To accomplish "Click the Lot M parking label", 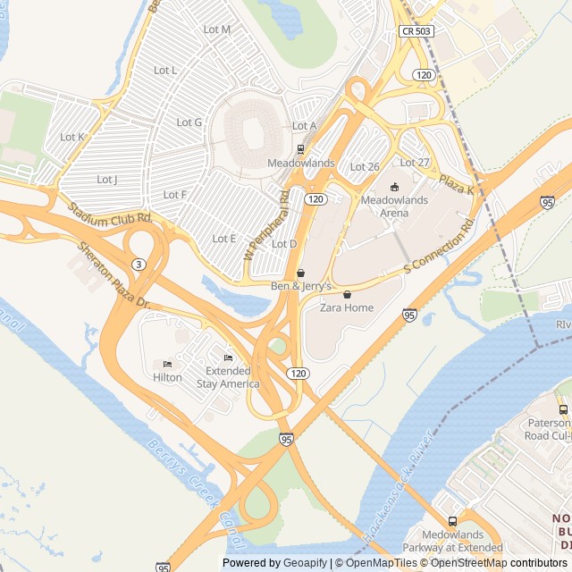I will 217,29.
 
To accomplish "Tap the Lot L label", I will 165,70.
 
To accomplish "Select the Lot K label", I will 72,137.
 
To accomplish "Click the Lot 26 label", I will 365,167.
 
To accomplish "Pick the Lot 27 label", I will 415,162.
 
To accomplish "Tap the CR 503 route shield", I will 416,31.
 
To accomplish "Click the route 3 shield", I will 138,264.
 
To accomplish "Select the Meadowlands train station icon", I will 300,149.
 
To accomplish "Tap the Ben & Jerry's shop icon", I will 300,273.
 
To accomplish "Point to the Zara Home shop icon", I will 347,294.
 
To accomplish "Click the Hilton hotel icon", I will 167,365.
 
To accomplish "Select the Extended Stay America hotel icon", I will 229,357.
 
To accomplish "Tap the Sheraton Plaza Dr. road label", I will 115,276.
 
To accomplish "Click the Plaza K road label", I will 456,185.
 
